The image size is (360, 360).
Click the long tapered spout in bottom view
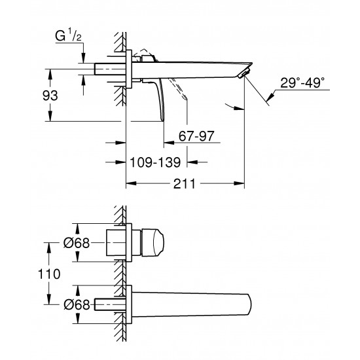(196, 302)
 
